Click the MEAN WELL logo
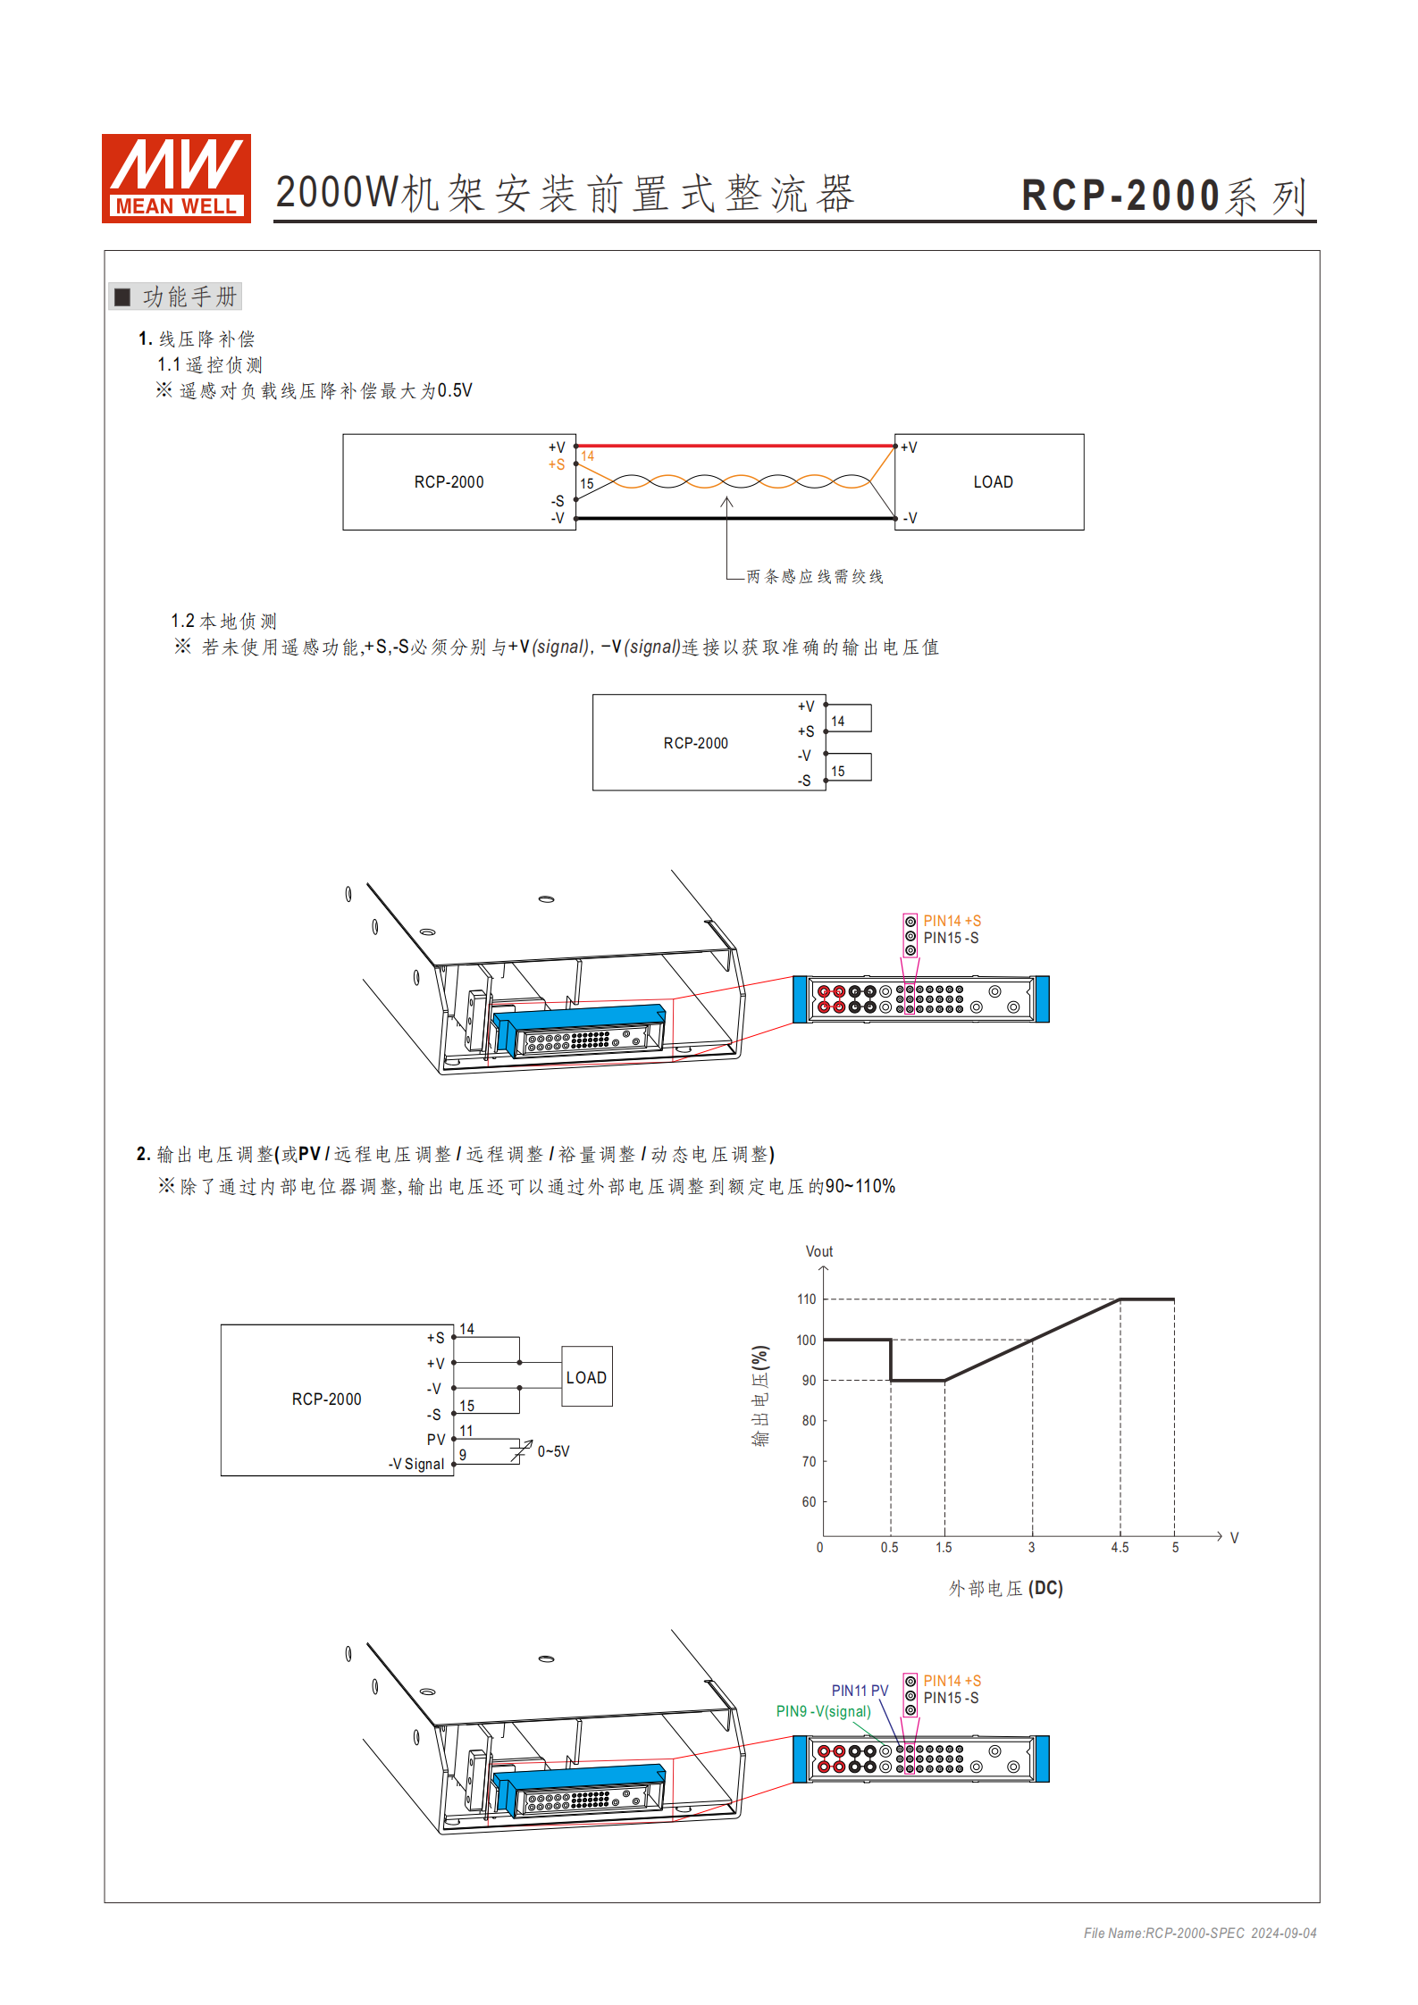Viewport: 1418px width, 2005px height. tap(176, 178)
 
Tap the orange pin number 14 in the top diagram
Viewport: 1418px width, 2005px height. tap(587, 456)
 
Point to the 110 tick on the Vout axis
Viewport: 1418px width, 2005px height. tap(806, 1299)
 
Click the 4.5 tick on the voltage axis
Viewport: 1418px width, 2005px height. tap(1120, 1548)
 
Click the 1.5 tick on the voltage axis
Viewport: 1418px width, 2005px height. tap(944, 1548)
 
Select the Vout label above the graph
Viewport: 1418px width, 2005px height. tap(818, 1251)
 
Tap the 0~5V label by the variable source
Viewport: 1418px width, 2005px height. tap(553, 1451)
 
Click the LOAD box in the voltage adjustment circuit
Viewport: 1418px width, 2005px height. tap(586, 1377)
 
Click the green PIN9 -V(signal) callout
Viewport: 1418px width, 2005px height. tap(823, 1711)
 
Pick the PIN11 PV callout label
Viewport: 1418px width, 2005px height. tap(860, 1691)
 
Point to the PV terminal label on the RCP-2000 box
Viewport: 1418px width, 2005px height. tap(435, 1440)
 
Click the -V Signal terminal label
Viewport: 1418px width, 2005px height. tap(416, 1464)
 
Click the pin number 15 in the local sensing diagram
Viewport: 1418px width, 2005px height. tap(837, 771)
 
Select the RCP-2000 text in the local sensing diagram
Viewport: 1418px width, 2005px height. tap(695, 743)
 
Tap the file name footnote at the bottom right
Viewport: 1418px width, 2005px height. tap(1199, 1933)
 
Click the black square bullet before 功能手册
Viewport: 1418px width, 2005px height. tap(122, 297)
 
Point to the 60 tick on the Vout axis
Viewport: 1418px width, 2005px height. tap(808, 1502)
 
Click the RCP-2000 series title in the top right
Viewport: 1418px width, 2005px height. tap(1163, 196)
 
